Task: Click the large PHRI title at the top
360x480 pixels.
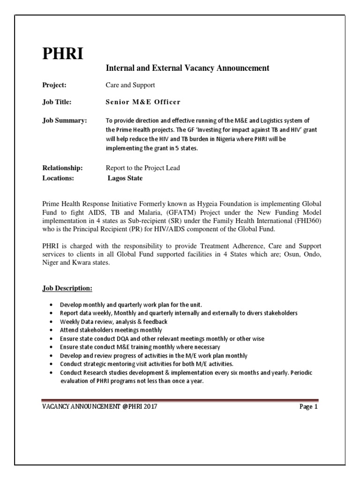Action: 63,54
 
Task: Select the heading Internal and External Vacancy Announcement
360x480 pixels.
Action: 187,68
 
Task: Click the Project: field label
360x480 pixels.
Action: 54,85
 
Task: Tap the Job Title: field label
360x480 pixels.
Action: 57,102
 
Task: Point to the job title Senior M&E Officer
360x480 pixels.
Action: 143,102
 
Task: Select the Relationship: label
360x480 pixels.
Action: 62,168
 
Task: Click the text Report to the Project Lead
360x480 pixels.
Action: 143,168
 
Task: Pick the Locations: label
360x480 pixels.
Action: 58,178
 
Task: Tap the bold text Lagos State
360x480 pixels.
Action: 125,178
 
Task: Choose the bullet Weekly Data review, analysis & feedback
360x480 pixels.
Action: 113,322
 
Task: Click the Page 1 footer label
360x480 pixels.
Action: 309,407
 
